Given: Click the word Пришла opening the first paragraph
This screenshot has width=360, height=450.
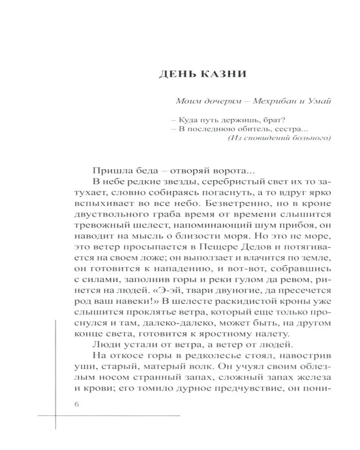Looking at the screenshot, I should (108, 171).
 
